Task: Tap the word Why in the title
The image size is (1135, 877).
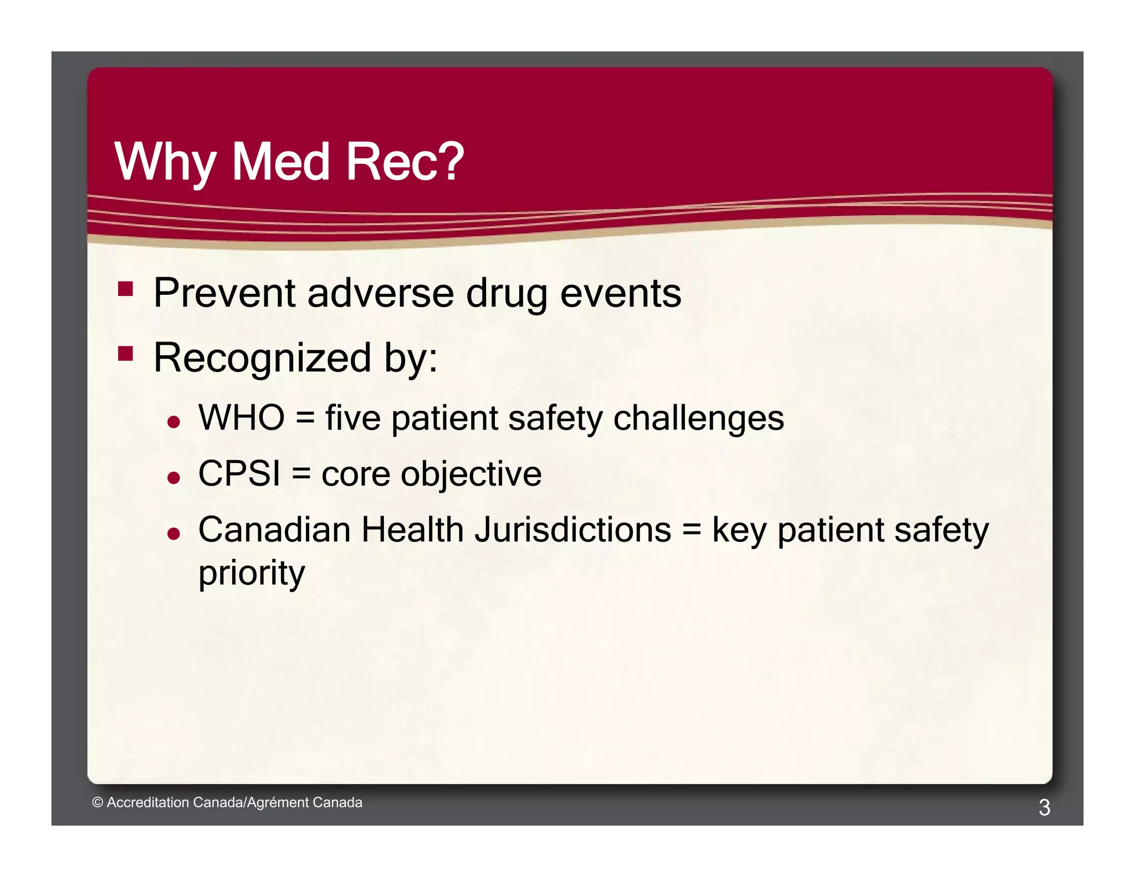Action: tap(165, 162)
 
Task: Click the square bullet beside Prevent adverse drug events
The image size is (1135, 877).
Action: tap(126, 289)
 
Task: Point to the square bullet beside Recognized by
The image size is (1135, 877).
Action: tap(126, 353)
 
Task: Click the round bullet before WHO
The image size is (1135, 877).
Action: tap(173, 422)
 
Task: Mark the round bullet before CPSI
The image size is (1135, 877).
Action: tap(173, 478)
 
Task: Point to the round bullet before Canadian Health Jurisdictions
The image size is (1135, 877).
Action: tap(173, 534)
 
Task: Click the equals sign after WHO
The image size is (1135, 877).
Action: tap(305, 418)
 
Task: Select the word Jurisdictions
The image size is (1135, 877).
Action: tap(573, 529)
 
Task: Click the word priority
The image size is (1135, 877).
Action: tap(252, 573)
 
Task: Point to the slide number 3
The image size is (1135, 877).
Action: tap(1044, 807)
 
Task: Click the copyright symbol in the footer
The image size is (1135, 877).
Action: tap(98, 802)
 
